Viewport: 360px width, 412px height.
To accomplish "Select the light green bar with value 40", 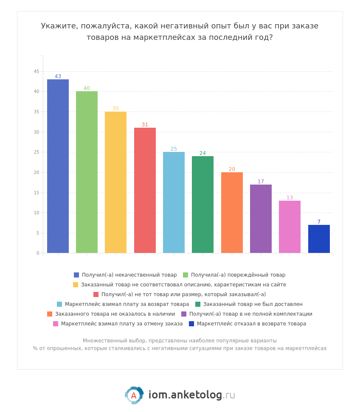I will [87, 172].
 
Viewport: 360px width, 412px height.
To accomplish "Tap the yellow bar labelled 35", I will [115, 182].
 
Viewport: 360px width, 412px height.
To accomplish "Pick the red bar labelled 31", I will [145, 191].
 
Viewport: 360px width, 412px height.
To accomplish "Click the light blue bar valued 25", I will [174, 202].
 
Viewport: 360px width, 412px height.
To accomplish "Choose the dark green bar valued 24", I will [202, 205].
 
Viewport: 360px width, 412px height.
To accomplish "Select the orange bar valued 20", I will [232, 213].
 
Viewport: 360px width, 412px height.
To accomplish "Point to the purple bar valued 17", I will [261, 219].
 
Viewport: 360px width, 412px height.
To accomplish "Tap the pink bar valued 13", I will [290, 227].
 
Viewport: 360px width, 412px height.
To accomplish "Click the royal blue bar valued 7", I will [319, 239].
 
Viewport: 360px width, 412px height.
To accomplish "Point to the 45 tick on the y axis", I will [37, 72].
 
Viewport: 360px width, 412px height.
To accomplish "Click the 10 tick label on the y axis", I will [37, 213].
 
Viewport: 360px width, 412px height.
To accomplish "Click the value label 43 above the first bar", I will [58, 77].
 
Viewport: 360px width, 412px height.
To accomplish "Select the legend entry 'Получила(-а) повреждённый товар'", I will [238, 275].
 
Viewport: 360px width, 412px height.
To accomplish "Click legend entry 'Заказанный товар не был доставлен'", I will [253, 304].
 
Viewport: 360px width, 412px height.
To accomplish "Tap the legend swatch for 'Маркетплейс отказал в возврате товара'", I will [191, 324].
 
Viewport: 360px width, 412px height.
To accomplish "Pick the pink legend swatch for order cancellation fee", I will [56, 324].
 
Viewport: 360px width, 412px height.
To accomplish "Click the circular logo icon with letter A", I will [134, 395].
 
